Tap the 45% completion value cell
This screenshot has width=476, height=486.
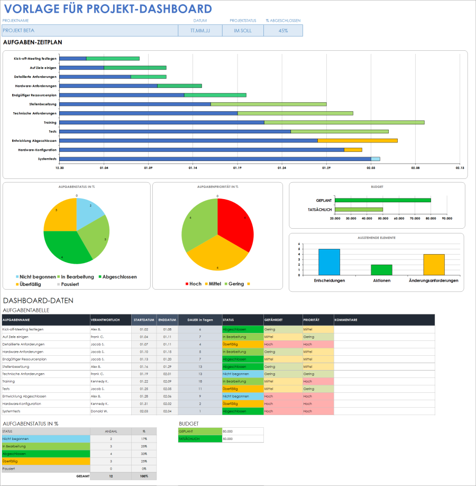[x=283, y=31]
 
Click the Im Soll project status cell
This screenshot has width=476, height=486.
[x=243, y=31]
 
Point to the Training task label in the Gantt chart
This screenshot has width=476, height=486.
[x=50, y=122]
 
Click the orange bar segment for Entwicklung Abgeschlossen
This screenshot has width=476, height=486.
[x=357, y=140]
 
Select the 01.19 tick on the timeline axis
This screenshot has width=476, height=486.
[x=237, y=168]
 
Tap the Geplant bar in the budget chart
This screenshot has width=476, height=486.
[x=383, y=200]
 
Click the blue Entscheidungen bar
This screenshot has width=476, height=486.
[x=329, y=262]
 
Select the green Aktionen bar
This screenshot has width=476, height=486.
[x=381, y=269]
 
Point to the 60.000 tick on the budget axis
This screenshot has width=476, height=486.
[x=399, y=218]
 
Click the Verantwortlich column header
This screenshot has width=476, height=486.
[x=105, y=320]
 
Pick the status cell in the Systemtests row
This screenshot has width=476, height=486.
[x=243, y=411]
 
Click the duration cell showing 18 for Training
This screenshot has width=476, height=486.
[x=200, y=381]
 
